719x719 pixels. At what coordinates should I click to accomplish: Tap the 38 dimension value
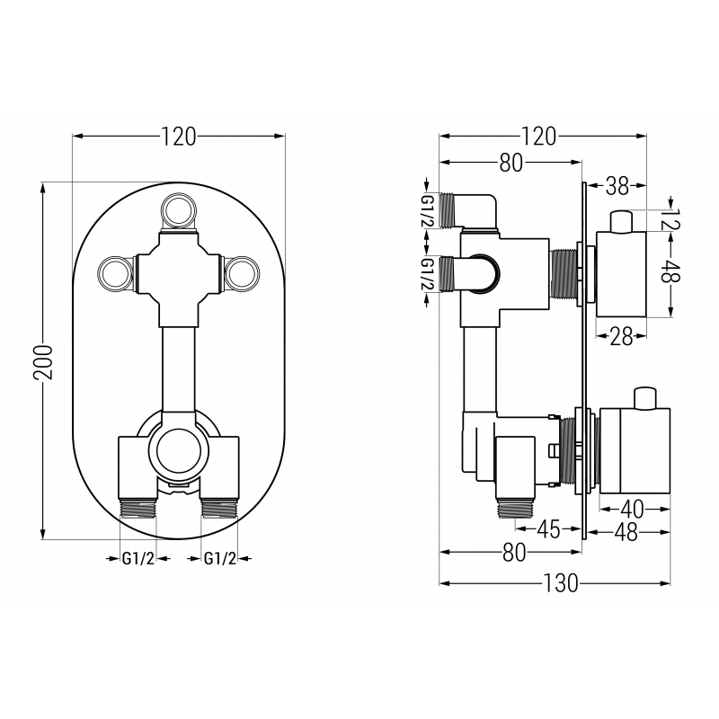pos(617,186)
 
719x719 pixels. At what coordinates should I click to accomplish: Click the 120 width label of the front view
pos(179,137)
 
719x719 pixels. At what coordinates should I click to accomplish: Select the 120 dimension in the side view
pos(538,137)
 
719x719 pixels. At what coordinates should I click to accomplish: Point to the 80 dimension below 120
pos(510,163)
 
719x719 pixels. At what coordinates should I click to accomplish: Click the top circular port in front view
pos(177,212)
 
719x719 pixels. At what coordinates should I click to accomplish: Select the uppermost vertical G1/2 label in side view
pos(428,210)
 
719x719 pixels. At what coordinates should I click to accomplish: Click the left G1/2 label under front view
pos(138,559)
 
